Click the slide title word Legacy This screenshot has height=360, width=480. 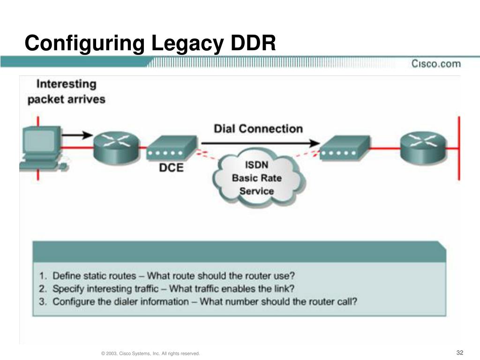point(187,44)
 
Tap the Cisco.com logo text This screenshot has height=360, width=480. point(436,64)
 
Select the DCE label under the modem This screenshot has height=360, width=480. point(171,167)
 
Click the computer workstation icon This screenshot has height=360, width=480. point(43,149)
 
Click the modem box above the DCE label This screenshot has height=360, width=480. point(172,148)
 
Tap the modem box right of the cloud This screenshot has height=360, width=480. point(345,148)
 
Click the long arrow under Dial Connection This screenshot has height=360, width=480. point(261,143)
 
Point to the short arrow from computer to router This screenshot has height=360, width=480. point(77,135)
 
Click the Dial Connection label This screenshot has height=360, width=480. point(258,128)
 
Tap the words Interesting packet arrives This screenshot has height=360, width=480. point(67,91)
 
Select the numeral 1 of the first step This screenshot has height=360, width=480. point(42,276)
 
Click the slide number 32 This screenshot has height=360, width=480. point(460,352)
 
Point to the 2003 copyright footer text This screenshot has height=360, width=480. point(150,353)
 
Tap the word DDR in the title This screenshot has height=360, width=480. point(253,43)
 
